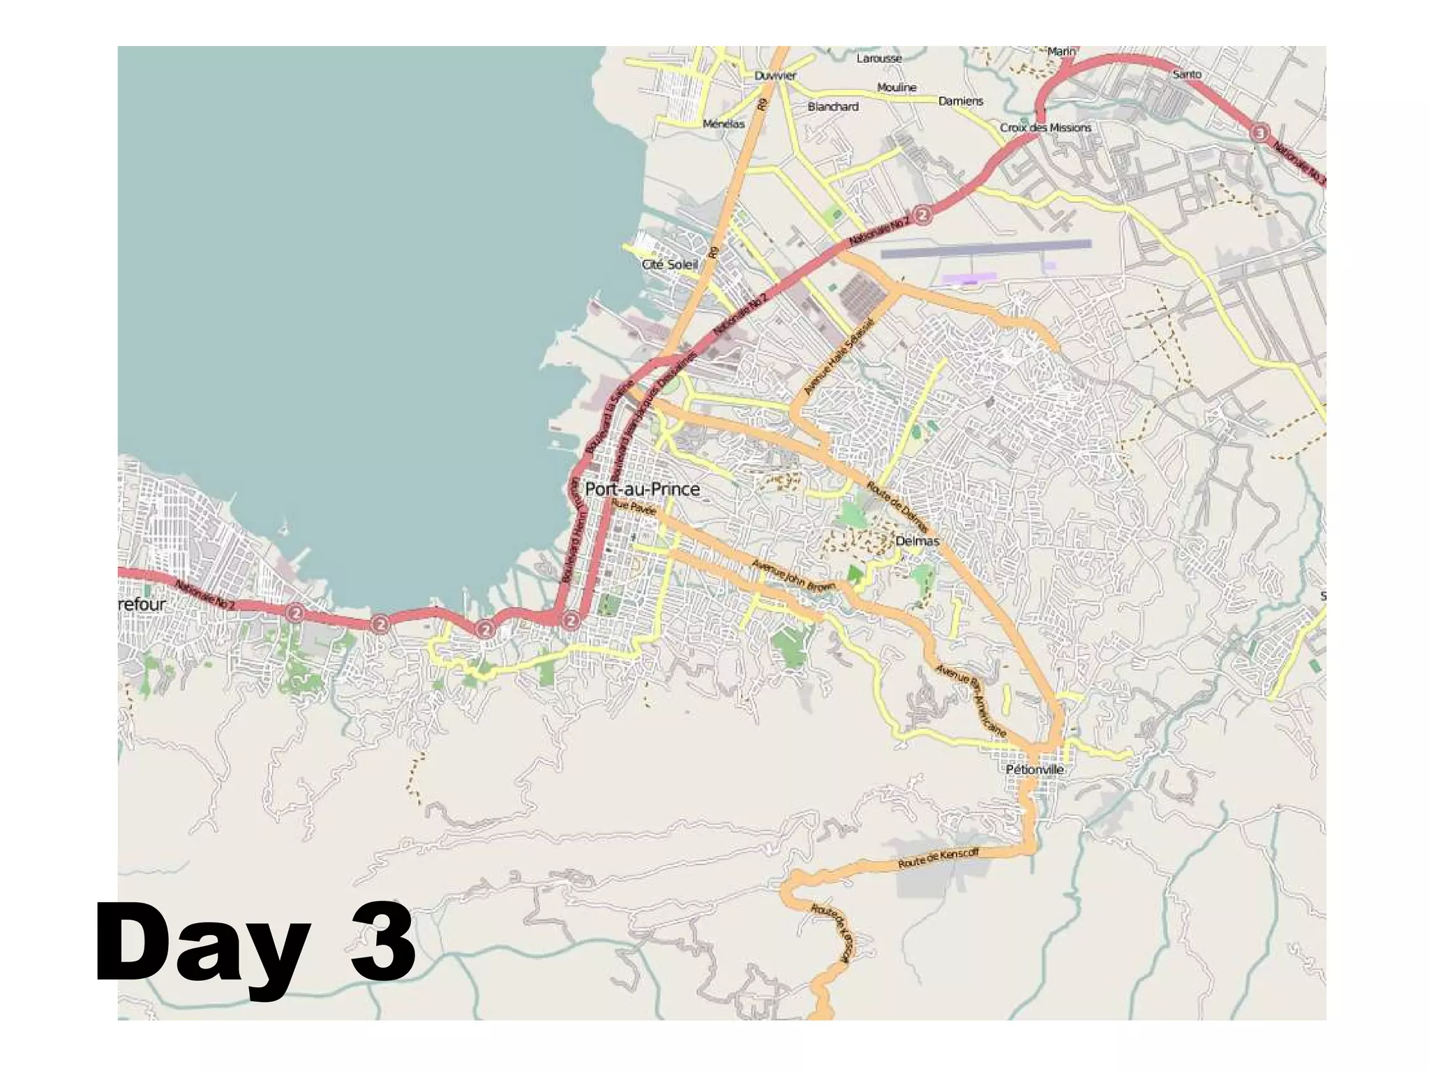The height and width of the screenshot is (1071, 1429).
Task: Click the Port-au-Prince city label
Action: tap(642, 489)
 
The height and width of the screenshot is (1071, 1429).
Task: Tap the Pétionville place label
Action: tap(1035, 770)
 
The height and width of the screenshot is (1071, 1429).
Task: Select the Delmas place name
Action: tap(917, 541)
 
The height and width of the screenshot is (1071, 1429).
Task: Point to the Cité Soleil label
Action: tap(669, 264)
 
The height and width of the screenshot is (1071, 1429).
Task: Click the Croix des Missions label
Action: tap(1045, 128)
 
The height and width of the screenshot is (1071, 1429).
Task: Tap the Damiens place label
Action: tap(960, 101)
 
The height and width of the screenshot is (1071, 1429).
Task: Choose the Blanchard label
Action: tap(833, 107)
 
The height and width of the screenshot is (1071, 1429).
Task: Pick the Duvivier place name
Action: tap(775, 75)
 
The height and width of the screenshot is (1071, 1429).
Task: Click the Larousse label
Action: tap(879, 59)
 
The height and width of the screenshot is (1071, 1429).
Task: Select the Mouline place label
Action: tap(897, 87)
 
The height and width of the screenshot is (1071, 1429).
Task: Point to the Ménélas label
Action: tap(724, 123)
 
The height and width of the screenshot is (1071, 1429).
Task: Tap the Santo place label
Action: tap(1187, 74)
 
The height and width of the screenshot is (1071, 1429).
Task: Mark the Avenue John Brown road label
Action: tap(793, 576)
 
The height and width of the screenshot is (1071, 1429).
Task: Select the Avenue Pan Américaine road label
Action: tap(971, 700)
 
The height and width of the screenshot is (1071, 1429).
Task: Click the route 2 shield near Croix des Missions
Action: tap(922, 215)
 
